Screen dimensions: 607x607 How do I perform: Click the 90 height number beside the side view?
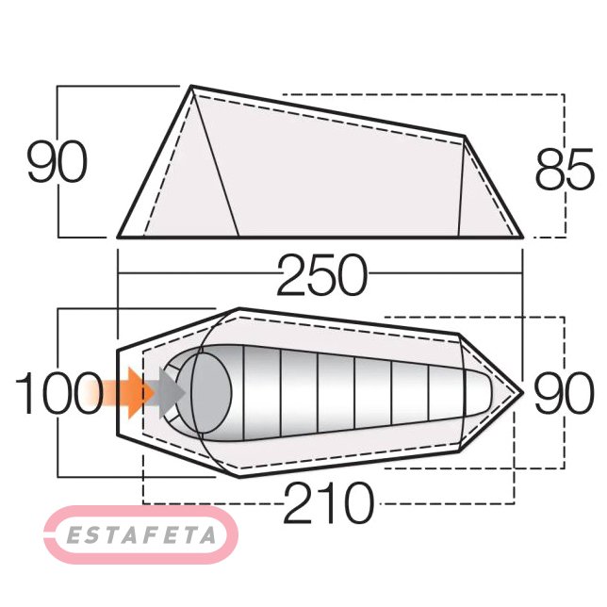click(57, 161)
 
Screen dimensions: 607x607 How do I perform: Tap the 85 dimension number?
click(564, 169)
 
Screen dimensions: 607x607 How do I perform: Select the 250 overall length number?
click(322, 275)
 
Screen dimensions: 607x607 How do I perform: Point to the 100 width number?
click(58, 392)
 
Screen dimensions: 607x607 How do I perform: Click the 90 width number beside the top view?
click(564, 392)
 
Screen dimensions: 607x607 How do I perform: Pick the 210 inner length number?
click(329, 502)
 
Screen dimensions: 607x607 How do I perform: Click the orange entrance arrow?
click(120, 393)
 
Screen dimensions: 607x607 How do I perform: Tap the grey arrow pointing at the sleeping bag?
click(172, 393)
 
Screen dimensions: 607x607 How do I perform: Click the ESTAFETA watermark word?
click(141, 535)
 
